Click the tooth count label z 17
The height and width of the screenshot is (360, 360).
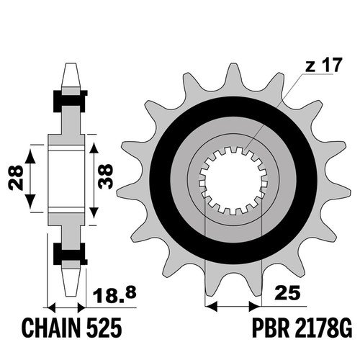click(x=323, y=66)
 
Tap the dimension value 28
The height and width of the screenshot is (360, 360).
click(x=16, y=178)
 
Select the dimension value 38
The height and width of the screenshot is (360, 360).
click(x=105, y=176)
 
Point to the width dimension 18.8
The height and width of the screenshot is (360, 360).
click(x=114, y=294)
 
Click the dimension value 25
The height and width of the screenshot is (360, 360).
click(x=288, y=293)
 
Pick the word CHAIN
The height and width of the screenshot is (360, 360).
click(x=52, y=328)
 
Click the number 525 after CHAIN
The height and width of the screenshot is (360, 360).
click(x=105, y=328)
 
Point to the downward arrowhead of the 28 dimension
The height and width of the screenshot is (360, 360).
click(x=30, y=201)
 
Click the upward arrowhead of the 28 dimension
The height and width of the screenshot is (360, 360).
click(x=30, y=156)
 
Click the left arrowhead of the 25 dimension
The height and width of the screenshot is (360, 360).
click(x=212, y=307)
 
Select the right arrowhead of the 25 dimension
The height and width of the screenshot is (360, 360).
click(x=255, y=307)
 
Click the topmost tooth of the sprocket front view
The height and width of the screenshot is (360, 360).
click(x=233, y=77)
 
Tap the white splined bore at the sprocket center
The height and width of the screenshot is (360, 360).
click(x=233, y=181)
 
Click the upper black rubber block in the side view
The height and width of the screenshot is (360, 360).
click(x=70, y=101)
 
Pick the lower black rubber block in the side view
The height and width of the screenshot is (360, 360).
click(x=70, y=254)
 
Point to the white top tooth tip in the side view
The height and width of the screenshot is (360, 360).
click(x=70, y=75)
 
